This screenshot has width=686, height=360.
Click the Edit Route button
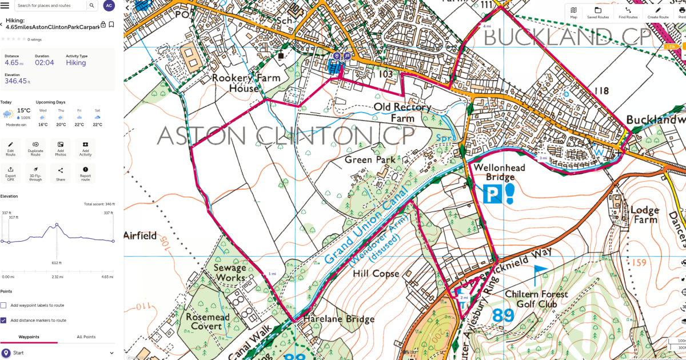click(10, 148)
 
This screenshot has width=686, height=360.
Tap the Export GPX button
click(10, 173)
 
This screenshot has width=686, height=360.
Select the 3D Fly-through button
click(35, 173)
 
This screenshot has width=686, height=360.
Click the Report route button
click(85, 173)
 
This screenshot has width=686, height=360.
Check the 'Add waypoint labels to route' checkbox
click(3, 305)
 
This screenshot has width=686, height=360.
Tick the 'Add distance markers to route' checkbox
click(3, 321)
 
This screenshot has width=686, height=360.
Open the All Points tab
click(86, 337)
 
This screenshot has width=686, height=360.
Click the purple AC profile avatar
click(109, 6)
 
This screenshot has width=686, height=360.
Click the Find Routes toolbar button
click(628, 13)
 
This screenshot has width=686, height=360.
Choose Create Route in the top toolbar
click(657, 13)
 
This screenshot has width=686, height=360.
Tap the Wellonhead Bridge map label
click(490, 173)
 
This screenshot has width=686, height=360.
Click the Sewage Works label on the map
click(229, 273)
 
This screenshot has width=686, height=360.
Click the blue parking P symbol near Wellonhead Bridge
click(490, 195)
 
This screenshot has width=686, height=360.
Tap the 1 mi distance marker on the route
click(272, 274)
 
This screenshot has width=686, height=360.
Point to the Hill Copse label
click(376, 274)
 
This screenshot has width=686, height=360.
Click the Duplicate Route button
click(35, 148)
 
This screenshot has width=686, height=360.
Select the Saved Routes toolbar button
click(597, 13)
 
